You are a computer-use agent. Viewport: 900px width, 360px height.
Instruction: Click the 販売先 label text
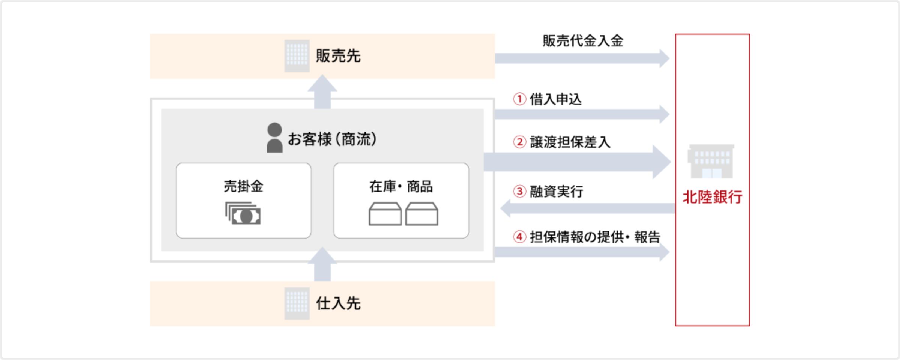(338, 56)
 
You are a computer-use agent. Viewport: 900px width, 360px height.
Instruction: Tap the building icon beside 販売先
(297, 56)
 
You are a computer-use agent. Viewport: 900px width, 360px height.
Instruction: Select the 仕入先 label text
(338, 303)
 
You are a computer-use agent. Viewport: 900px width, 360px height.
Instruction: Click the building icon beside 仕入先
(297, 303)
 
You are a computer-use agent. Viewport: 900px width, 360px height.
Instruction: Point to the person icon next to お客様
(274, 138)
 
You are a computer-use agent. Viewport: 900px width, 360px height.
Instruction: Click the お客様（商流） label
(332, 139)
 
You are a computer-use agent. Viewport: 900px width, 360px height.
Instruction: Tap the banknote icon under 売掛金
(243, 213)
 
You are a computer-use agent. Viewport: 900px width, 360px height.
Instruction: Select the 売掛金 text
(244, 186)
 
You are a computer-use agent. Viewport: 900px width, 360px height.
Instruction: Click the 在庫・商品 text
(401, 186)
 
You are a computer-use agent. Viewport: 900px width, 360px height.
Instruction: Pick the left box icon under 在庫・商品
(385, 214)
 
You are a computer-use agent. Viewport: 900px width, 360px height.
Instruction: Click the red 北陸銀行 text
(712, 197)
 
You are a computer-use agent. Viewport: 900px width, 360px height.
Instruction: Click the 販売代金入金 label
(583, 41)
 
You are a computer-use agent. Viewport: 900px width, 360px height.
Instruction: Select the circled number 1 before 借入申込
(519, 99)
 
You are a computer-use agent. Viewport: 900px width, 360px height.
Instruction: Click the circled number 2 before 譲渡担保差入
(519, 142)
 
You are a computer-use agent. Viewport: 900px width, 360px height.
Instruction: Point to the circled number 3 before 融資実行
(519, 192)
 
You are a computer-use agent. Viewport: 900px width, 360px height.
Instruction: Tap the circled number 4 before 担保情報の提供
(519, 237)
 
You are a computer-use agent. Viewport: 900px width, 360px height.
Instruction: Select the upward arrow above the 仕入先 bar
(322, 264)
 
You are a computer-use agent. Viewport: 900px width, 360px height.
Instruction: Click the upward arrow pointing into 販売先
(322, 92)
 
